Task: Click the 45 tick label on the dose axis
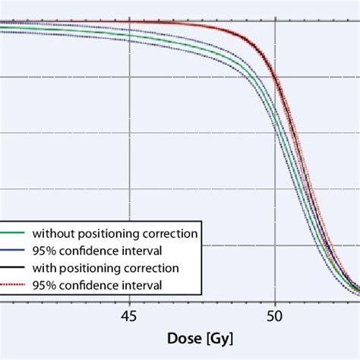point(129,314)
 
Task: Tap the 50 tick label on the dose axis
point(275,314)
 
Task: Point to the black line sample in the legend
point(14,267)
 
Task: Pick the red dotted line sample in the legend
point(14,285)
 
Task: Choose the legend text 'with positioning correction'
point(106,267)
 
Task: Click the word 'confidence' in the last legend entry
point(86,285)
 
